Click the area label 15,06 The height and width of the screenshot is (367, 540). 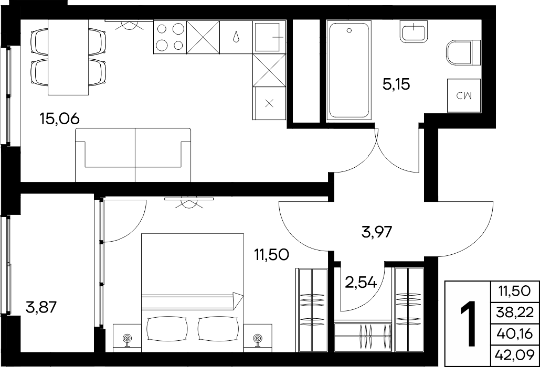click(60, 119)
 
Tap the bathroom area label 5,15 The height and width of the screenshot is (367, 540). click(396, 84)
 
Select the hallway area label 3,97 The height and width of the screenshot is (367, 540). click(377, 232)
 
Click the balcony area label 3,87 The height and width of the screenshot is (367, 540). click(41, 307)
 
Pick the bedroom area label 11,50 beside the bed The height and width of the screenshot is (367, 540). click(271, 255)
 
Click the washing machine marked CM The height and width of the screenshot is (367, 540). click(463, 95)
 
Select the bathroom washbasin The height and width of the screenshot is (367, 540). click(414, 31)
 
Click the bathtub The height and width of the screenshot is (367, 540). click(348, 70)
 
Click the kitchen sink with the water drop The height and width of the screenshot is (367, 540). click(236, 37)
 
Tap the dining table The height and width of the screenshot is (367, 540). click(68, 57)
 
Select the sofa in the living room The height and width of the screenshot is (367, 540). click(133, 155)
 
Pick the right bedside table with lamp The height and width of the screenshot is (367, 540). click(258, 338)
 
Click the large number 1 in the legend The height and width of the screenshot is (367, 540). click(468, 323)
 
